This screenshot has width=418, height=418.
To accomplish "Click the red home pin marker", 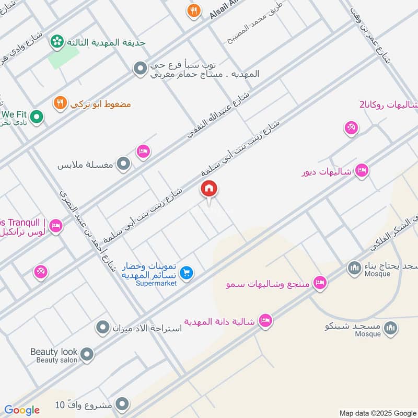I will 209,189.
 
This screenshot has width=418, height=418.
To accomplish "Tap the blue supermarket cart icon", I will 187,272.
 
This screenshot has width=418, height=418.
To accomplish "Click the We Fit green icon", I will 36,118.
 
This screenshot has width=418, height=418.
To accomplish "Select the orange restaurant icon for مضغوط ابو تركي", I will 60,103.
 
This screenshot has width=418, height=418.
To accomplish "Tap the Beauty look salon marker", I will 87,355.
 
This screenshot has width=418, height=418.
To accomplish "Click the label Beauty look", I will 54,352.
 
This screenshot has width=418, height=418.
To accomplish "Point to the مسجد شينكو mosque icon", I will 390,328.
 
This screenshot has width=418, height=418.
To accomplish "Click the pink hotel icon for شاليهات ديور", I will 362,171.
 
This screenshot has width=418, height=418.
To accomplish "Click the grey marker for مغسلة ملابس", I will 123,165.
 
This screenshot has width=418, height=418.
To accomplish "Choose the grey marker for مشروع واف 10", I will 122,404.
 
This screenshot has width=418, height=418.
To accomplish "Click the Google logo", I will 22,410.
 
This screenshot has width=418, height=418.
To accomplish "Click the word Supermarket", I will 156,283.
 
